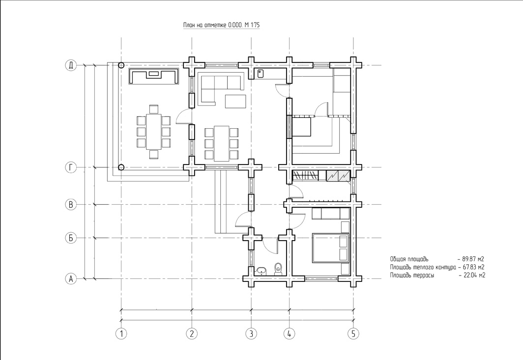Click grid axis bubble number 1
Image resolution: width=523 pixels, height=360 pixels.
tap(121, 333)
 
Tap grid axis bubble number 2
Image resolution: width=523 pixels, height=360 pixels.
tap(192, 333)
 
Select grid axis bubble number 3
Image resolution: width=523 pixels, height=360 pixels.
tap(251, 333)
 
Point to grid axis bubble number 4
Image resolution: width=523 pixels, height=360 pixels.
tap(289, 333)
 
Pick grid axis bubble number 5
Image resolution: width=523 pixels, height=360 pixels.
tap(353, 333)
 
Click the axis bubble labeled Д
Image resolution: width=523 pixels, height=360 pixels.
tap(71, 65)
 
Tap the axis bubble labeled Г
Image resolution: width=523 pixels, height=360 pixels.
tap(71, 167)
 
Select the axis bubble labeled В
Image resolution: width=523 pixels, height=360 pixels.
tap(71, 204)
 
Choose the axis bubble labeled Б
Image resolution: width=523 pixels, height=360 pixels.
tap(71, 238)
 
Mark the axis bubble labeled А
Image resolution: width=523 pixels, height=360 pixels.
tap(71, 278)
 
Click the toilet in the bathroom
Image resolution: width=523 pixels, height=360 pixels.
tap(278, 269)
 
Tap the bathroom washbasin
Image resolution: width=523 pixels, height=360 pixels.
tap(261, 271)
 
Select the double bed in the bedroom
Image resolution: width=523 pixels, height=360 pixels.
tap(330, 248)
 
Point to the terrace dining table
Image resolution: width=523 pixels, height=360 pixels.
tap(153, 132)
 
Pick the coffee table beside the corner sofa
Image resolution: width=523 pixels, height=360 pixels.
tap(236, 101)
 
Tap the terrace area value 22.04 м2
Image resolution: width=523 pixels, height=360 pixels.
tap(474, 276)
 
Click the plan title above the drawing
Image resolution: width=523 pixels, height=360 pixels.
tap(222, 25)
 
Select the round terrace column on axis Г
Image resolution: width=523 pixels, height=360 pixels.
tap(122, 167)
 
